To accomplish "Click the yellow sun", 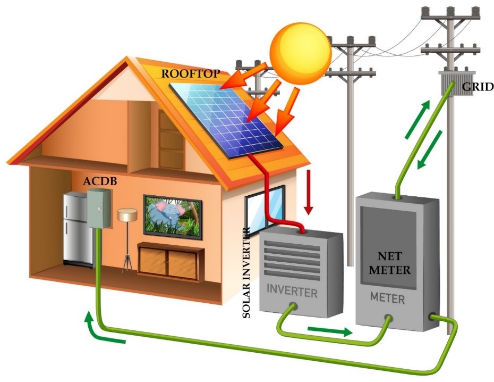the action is [300, 53].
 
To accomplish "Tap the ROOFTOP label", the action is [190, 74].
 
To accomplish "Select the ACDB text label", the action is [100, 181].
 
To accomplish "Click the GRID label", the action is [478, 86].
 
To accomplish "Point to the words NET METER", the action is [390, 263].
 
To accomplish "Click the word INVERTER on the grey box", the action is [292, 291].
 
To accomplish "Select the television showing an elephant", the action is [173, 218].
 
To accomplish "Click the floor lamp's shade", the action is [127, 215].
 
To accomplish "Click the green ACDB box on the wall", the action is [99, 208].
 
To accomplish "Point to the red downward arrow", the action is [309, 193].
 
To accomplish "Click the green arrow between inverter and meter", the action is [329, 331].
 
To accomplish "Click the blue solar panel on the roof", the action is [226, 120].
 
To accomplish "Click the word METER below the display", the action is [387, 298].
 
